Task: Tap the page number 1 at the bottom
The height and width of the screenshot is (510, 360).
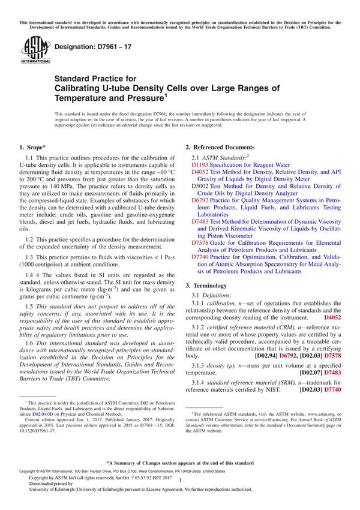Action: pyautogui.click(x=179, y=491)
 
